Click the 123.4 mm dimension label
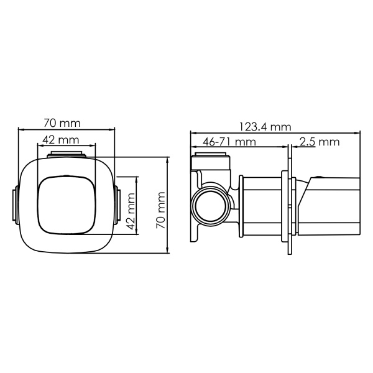point(266,127)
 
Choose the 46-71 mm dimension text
point(229,142)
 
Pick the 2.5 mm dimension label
point(319,142)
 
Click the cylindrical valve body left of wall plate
point(258,206)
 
